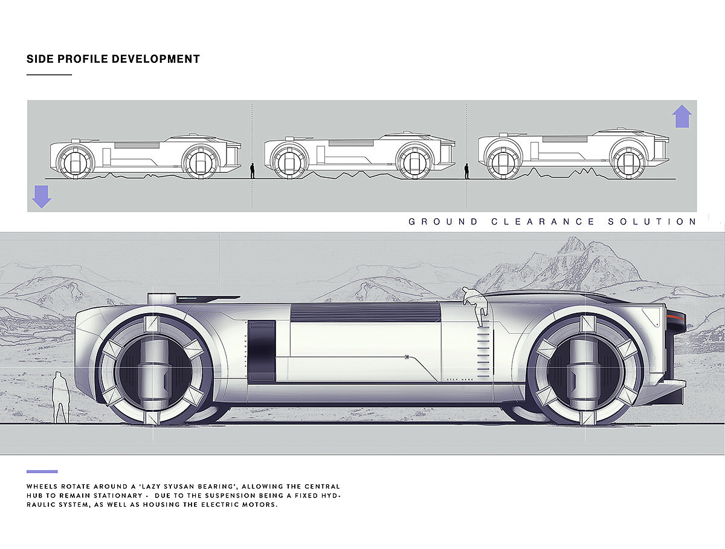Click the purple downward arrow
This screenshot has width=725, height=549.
41,197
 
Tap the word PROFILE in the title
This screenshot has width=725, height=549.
83,59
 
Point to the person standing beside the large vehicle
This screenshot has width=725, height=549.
60,397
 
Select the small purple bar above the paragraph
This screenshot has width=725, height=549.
42,472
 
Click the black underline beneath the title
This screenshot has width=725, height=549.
49,75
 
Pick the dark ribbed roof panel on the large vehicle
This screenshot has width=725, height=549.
365,312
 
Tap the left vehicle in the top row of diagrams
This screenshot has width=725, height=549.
145,156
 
